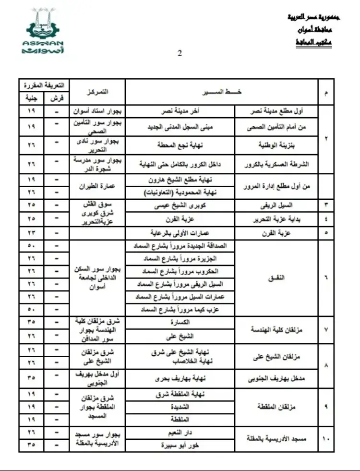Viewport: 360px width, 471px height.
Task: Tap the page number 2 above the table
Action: [x=180, y=54]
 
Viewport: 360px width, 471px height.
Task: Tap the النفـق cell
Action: [x=278, y=278]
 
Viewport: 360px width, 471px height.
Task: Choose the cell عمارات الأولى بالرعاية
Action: [x=180, y=233]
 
